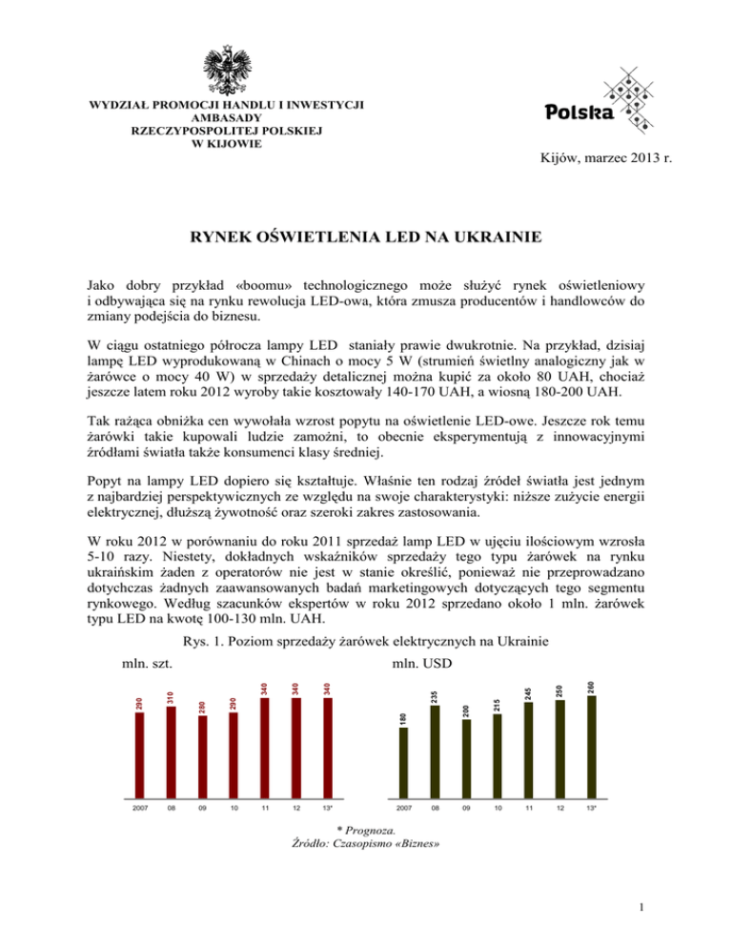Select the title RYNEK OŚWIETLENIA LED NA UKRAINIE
point(366,237)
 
